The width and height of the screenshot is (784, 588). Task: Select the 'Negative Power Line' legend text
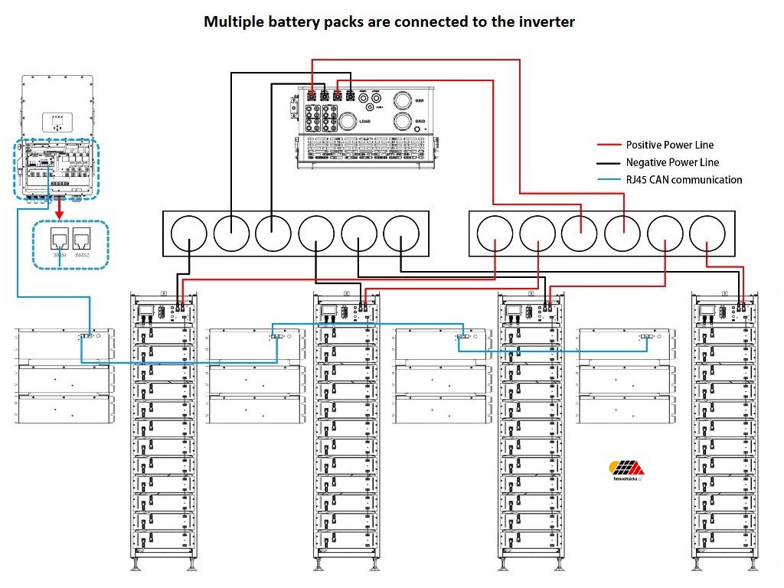672,162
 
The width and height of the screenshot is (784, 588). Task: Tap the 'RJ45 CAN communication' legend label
684,180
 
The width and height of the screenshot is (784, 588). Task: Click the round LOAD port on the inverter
348,121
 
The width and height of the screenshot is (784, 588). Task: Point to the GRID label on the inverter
420,121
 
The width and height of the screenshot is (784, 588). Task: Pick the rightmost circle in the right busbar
707,234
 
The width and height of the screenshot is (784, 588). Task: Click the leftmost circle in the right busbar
495,234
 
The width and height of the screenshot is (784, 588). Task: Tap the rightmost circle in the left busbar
401,234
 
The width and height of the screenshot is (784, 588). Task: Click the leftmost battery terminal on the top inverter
312,97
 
